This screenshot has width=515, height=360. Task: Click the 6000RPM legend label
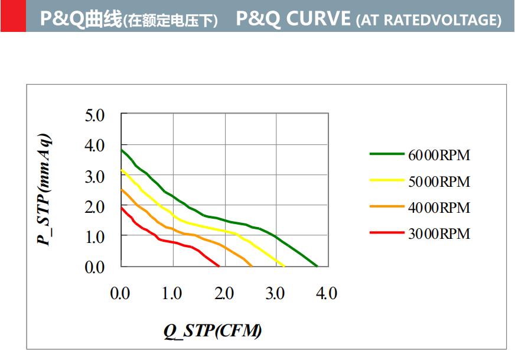(x=439, y=155)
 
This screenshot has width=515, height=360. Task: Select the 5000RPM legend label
(x=439, y=181)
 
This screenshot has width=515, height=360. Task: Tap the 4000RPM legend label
(x=439, y=208)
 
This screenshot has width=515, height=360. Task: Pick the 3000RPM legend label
(x=439, y=234)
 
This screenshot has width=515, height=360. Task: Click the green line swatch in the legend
(x=386, y=154)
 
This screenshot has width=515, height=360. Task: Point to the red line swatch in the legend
(x=386, y=233)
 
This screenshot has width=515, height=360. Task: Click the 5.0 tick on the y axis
(x=94, y=115)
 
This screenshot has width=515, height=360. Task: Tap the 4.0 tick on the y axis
(x=94, y=145)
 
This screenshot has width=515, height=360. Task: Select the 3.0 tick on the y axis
(x=94, y=176)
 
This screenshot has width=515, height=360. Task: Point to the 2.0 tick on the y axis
(x=94, y=207)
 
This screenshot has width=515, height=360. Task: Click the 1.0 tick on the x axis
(x=172, y=293)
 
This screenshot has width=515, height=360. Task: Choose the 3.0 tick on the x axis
(x=275, y=293)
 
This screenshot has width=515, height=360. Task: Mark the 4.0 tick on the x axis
(x=327, y=293)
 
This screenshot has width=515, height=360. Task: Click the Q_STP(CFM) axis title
(x=213, y=330)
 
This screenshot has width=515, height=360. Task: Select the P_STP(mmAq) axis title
(x=44, y=190)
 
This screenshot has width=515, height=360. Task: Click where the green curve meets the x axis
(x=317, y=266)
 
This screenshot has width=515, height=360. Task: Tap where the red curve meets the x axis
(x=219, y=266)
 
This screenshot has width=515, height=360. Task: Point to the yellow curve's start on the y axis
(x=121, y=170)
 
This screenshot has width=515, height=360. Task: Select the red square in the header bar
(x=13, y=16)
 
